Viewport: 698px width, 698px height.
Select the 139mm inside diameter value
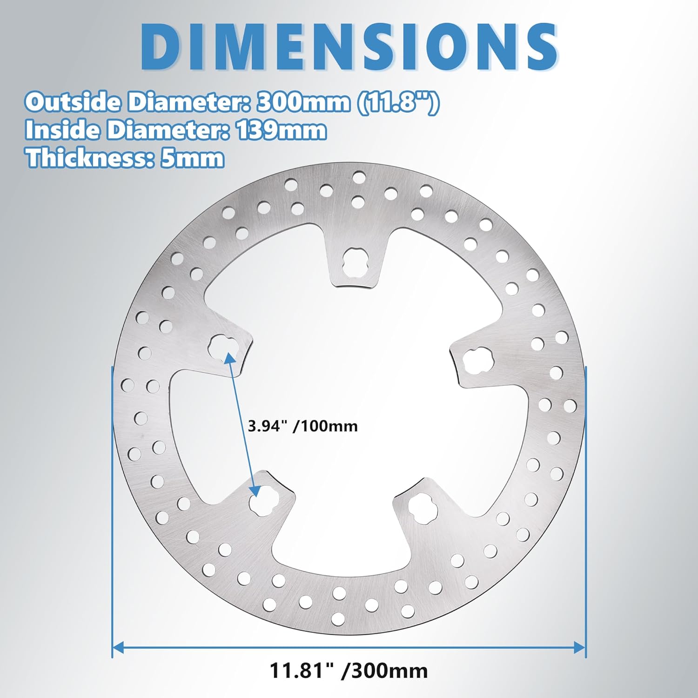coord(282,130)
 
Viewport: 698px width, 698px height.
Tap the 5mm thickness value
coord(192,159)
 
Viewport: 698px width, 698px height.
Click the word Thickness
coord(86,159)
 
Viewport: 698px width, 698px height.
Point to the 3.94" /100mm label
coord(302,426)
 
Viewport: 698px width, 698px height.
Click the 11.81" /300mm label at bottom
coord(349,671)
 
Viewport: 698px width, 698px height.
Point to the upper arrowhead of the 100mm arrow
coord(228,357)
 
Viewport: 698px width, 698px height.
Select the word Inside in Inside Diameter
coord(61,130)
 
